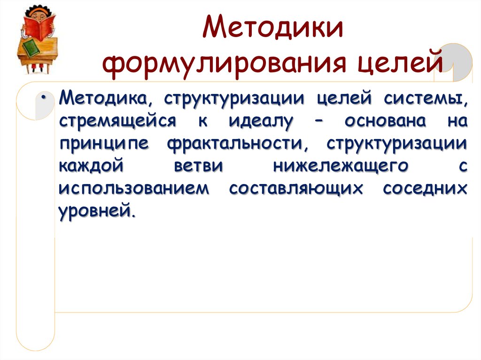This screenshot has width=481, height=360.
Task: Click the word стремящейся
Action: pyautogui.click(x=117, y=122)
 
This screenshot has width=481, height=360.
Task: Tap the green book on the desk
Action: pyautogui.click(x=31, y=48)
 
